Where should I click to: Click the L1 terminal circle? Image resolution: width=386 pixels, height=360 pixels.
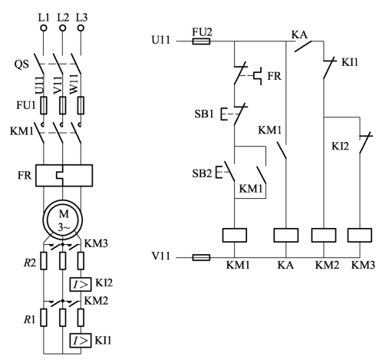pos(44,28)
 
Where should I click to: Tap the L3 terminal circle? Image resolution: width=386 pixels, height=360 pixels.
pos(81,28)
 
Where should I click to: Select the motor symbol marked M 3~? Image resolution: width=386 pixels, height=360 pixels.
pos(63,220)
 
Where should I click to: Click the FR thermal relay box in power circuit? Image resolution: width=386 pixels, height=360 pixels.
pos(64,176)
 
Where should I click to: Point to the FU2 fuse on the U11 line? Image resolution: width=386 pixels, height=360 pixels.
pos(201,41)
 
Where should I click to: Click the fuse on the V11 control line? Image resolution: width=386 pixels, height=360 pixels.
pos(201,257)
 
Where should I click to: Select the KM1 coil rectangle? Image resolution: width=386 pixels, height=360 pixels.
pos(235,235)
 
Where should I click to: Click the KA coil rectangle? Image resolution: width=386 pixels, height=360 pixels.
pos(286,235)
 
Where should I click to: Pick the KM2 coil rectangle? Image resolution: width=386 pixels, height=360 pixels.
pos(324,235)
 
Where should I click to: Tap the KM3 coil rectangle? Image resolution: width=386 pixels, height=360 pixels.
pos(360,235)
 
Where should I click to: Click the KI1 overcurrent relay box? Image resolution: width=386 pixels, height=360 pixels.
pos(81,341)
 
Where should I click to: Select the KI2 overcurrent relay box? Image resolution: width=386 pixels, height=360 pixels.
pos(81,284)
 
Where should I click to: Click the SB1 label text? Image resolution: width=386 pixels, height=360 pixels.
pos(204,114)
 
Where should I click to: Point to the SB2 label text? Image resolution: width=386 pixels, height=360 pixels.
pos(202,173)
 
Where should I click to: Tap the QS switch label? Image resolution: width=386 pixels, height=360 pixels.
pos(21,64)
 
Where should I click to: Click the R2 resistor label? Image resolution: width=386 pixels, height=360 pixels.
pos(30,263)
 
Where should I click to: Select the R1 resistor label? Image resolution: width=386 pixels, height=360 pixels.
pos(29,319)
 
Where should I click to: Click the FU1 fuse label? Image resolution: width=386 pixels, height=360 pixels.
pos(26,105)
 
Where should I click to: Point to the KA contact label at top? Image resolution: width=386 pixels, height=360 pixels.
pos(299,35)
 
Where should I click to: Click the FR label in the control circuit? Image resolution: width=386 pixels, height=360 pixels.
pos(274,76)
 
